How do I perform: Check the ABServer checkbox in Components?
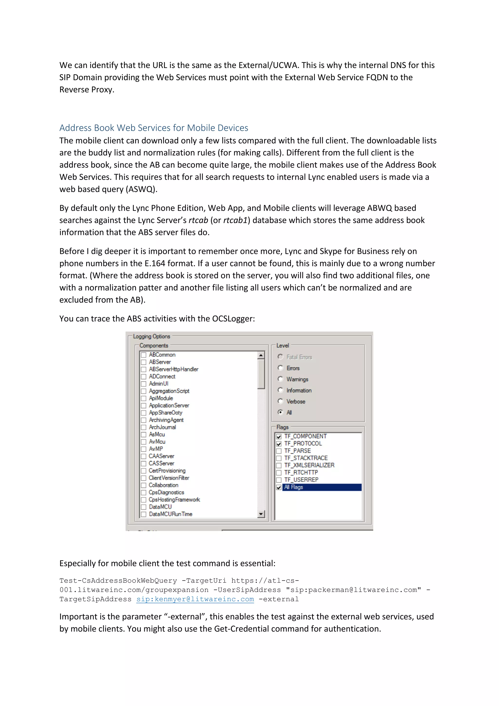144,362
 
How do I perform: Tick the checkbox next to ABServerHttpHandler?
144,369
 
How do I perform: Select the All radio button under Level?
280,412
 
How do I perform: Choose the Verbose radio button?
280,401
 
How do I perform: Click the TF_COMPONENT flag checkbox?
279,437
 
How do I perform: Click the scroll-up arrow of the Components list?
261,355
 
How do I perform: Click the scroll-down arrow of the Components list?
261,514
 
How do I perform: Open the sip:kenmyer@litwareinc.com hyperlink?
195,599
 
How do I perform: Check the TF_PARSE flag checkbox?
279,451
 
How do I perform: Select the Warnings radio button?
280,379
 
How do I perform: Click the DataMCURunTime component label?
171,514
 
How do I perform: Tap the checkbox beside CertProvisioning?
144,471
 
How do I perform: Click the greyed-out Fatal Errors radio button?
280,357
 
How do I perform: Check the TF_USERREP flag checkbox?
279,480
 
